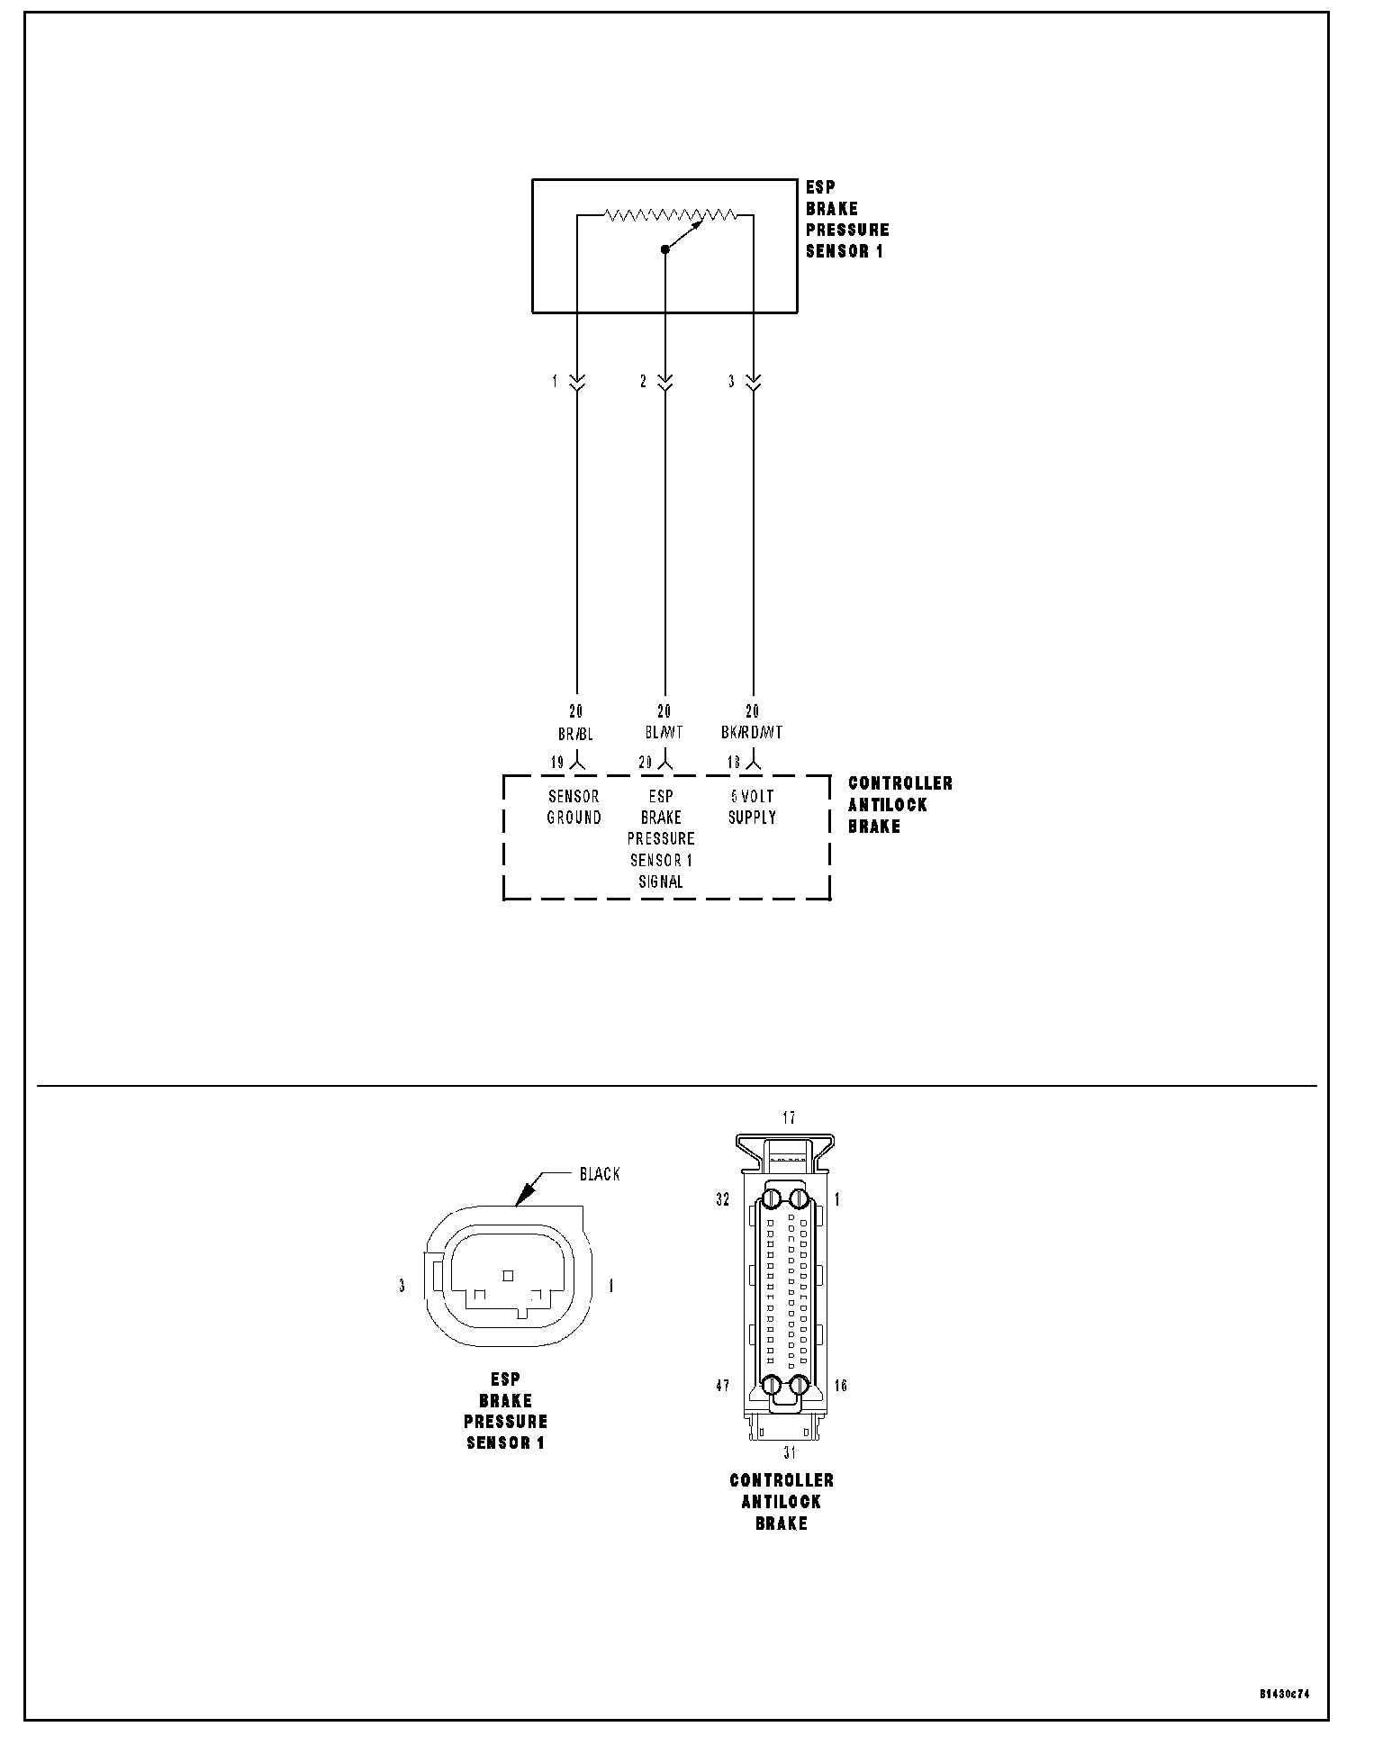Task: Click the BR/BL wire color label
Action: pos(575,733)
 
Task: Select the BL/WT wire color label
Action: pos(664,733)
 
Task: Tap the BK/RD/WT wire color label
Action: pos(752,733)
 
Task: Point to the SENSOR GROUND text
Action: pos(574,807)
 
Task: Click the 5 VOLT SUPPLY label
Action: pos(752,807)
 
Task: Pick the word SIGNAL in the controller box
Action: pos(661,882)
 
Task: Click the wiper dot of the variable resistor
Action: pos(665,249)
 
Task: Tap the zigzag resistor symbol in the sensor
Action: pos(671,215)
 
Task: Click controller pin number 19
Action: pos(557,763)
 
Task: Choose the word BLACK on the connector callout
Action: pos(600,1174)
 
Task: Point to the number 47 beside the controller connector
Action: pos(722,1386)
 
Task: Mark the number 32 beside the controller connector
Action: pos(722,1199)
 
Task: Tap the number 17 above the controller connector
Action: pos(789,1118)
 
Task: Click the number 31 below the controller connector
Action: pos(790,1452)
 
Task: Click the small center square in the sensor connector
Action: pos(508,1275)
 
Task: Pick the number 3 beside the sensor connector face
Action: pos(402,1287)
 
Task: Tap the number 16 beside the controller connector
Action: pos(840,1386)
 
